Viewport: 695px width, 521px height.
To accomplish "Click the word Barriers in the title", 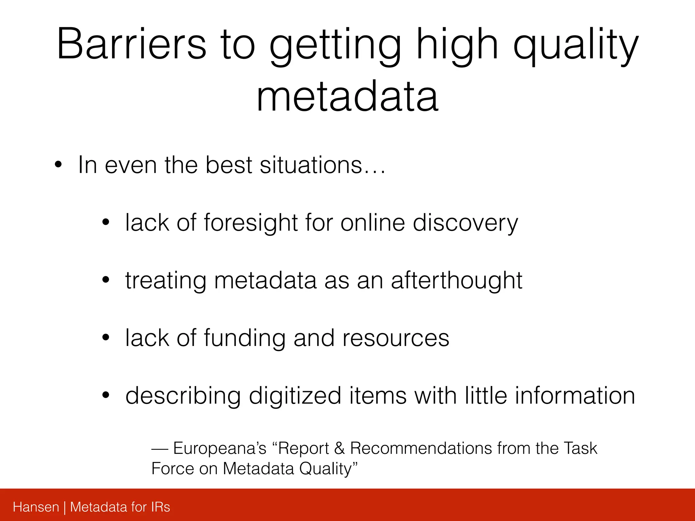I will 131,44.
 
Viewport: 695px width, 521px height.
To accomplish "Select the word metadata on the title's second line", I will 347,97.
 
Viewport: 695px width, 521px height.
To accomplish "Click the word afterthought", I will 456,281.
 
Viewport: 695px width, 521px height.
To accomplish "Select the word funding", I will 244,339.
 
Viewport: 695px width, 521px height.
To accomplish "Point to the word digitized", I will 295,396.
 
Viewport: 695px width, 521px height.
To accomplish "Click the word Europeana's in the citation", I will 220,449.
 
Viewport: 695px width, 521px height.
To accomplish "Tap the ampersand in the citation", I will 339,448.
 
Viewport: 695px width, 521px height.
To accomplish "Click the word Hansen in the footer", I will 36,507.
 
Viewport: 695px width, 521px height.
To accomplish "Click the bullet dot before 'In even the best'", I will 58,165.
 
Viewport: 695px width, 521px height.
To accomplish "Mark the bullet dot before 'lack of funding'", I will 106,338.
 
